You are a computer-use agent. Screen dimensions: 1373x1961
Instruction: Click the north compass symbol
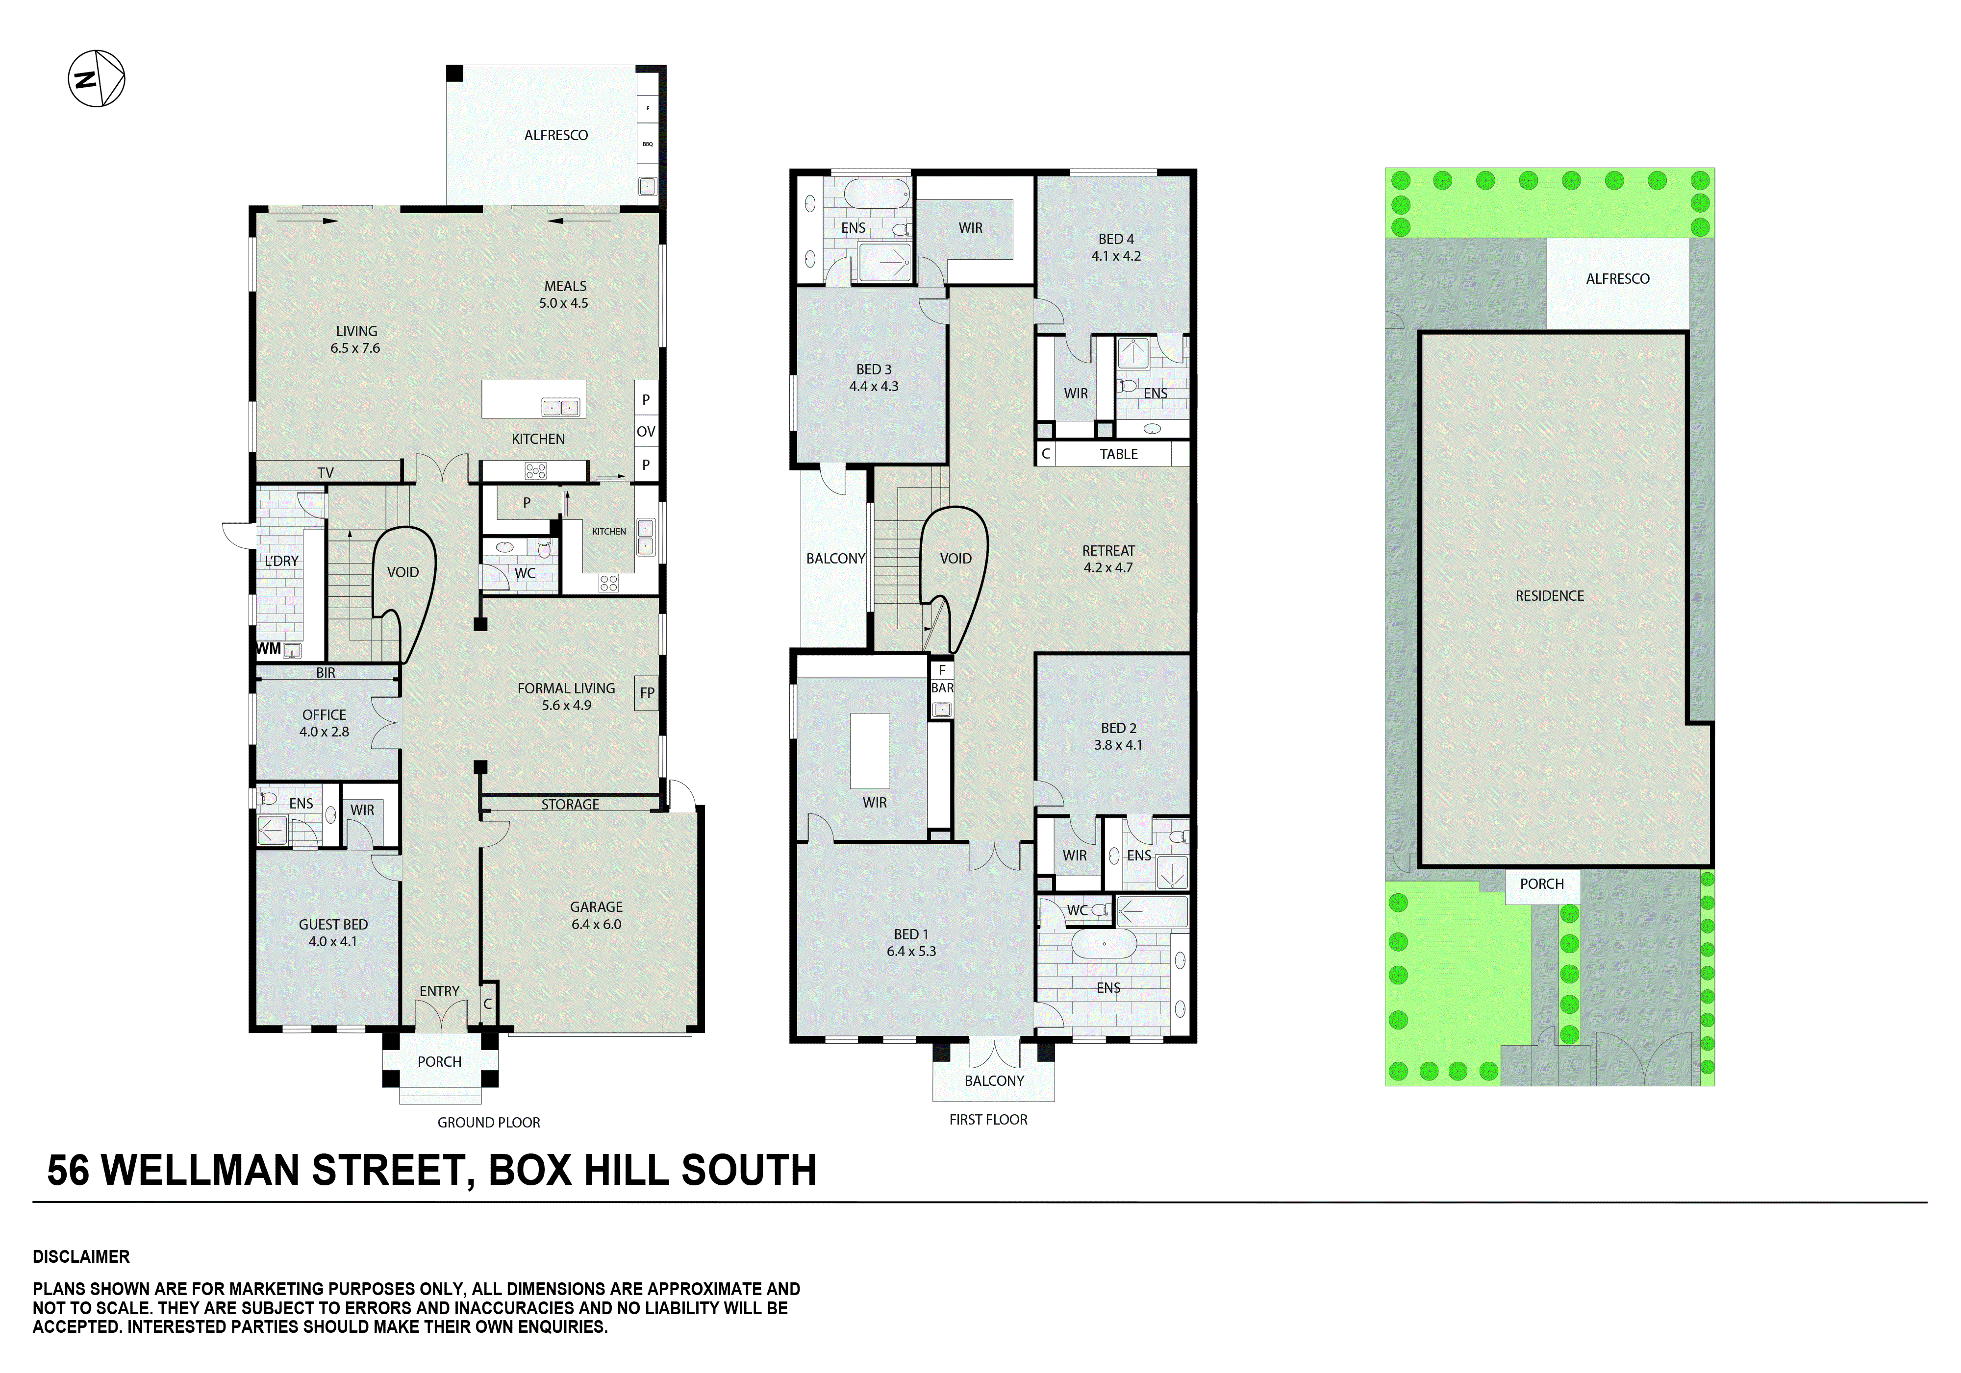tap(97, 78)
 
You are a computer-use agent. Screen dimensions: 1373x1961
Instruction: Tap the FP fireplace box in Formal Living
tap(647, 692)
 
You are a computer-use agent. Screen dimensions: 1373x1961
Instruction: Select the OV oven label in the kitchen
tap(646, 432)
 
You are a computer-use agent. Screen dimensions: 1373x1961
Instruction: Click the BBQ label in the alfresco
tap(648, 144)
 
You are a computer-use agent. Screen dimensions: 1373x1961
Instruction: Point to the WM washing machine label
tap(268, 649)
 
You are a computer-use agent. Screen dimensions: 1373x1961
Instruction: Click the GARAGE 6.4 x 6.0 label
tap(596, 915)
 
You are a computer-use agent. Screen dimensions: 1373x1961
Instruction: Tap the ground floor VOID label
tap(403, 572)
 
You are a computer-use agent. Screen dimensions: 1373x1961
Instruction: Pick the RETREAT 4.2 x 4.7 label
tap(1108, 559)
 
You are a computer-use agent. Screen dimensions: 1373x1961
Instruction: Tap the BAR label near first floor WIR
tap(942, 688)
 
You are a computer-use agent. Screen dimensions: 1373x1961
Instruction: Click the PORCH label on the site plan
tap(1542, 884)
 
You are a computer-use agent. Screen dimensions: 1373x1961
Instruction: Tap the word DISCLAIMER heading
tap(81, 1257)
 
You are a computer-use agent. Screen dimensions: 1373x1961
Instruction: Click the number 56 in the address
tap(68, 1171)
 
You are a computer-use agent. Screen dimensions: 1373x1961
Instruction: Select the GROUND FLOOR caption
tap(489, 1123)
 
